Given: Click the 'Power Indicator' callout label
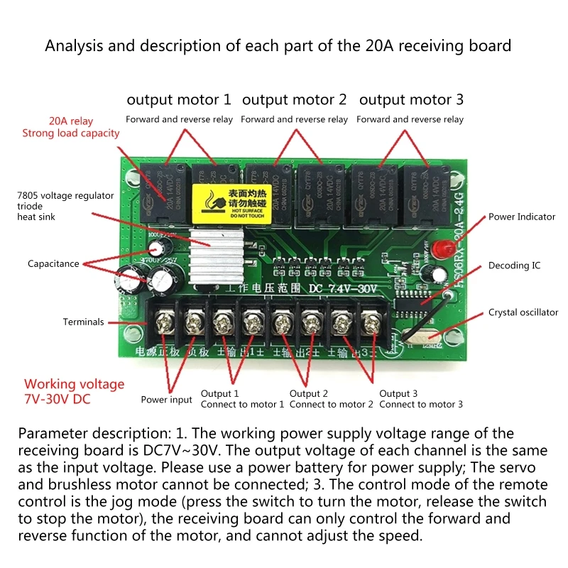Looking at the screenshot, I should (522, 217).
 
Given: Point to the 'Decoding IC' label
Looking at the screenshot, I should (514, 266).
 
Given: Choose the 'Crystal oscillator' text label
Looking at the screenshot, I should (523, 312).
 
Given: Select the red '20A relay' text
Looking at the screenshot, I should (71, 121).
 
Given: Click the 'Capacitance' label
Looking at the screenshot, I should (53, 263).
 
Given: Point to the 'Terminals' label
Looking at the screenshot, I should (83, 322).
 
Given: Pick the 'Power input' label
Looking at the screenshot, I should (166, 400).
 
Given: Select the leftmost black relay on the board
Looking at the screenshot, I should (161, 190).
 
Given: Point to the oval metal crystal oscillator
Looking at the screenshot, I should (418, 339).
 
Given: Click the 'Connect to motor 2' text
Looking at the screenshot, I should (332, 405).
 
